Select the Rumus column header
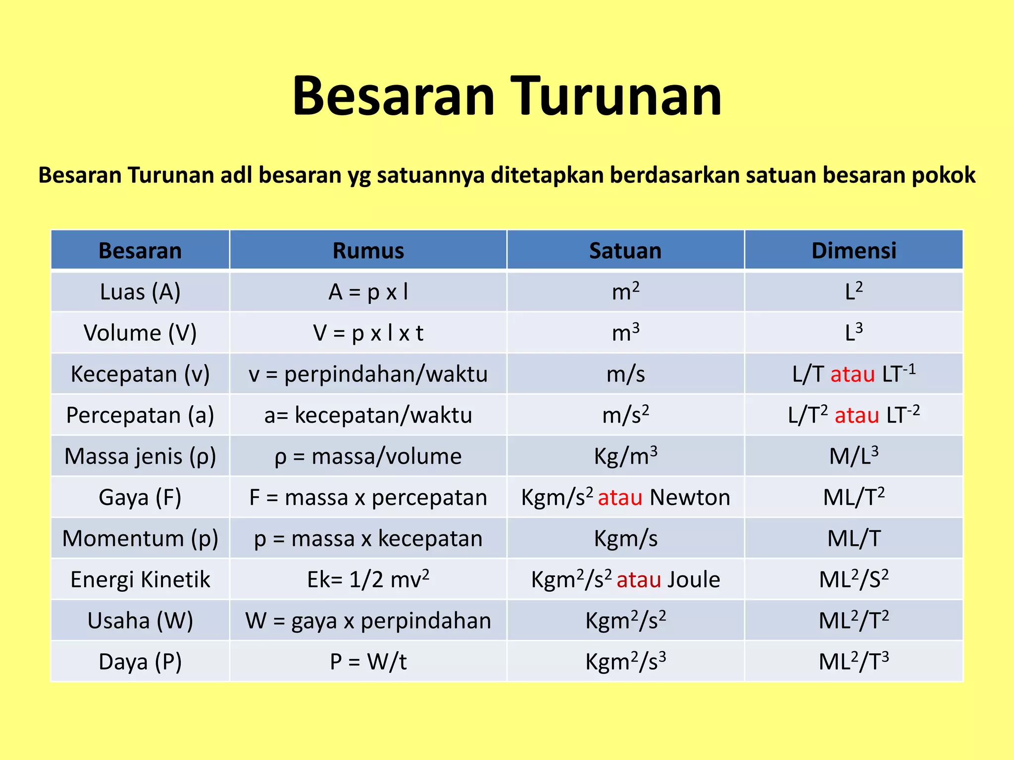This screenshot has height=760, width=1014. click(368, 250)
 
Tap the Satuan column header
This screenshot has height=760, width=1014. click(625, 250)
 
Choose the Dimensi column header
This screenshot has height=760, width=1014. click(854, 250)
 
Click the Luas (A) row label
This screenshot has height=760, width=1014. click(140, 292)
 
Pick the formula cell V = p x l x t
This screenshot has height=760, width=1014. click(368, 333)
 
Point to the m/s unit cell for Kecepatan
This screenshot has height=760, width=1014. click(625, 374)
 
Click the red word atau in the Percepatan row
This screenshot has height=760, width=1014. click(857, 415)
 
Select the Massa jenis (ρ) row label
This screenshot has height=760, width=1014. click(140, 456)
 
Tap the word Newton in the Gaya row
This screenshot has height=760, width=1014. click(690, 497)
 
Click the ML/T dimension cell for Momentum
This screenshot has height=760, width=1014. click(854, 538)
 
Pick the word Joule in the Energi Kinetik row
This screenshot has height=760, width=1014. click(693, 579)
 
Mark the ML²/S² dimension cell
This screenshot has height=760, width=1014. click(854, 579)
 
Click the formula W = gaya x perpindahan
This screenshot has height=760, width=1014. click(368, 620)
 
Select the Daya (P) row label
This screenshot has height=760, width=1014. click(140, 662)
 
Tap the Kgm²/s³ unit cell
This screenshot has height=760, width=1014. click(625, 662)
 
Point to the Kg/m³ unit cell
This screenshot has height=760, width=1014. click(625, 456)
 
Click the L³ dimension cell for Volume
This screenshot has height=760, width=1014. click(854, 333)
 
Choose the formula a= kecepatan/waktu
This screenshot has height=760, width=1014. click(368, 415)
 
